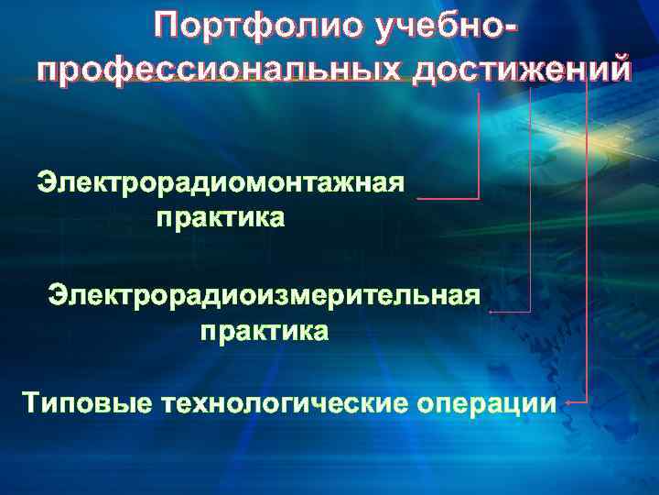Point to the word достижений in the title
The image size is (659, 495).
click(521, 69)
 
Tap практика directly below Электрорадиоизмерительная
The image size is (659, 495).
click(264, 331)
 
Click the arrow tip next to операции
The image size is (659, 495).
click(567, 402)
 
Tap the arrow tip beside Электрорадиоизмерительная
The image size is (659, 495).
click(492, 313)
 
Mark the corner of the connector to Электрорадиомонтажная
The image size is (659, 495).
click(479, 198)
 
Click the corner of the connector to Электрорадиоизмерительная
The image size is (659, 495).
click(530, 313)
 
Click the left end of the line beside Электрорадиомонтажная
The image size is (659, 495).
click(417, 198)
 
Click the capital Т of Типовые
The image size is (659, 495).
click(32, 402)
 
